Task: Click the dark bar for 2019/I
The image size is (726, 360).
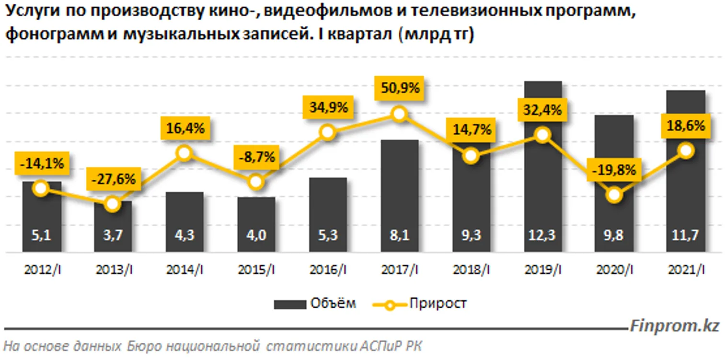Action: tap(542, 192)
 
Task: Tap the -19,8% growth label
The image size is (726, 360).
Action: tap(614, 170)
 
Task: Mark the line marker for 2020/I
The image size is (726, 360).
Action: tap(614, 195)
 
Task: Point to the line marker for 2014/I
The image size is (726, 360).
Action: tap(184, 153)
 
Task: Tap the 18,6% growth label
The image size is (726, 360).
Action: tap(686, 126)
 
